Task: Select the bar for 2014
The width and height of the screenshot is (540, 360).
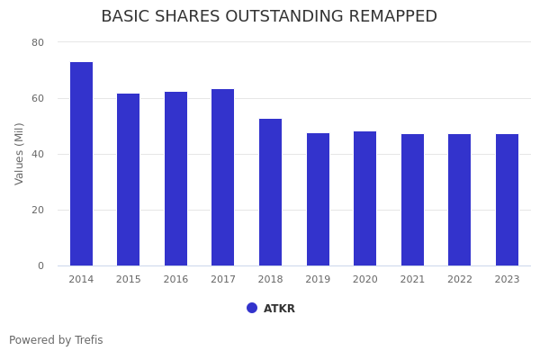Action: point(81,164)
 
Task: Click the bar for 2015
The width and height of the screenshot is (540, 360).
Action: point(129,180)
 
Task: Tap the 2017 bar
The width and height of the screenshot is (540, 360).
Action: point(223,177)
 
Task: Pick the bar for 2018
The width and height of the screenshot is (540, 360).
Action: point(270,193)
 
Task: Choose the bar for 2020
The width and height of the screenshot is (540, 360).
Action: point(364,199)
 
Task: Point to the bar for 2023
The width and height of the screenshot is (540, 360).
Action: point(507,200)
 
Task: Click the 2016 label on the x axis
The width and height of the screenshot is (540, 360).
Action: point(175,280)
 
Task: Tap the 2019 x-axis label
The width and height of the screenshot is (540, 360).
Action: point(318,280)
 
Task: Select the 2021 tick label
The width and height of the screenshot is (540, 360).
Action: point(412,280)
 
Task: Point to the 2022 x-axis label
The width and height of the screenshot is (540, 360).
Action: point(460,280)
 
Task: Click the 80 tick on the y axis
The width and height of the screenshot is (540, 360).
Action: point(38,42)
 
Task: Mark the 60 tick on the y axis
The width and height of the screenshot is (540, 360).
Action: point(38,98)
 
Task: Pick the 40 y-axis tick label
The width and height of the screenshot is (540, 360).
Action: point(38,154)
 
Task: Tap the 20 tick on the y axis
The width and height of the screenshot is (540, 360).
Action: point(38,210)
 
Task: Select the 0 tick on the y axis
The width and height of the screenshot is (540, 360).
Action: point(40,265)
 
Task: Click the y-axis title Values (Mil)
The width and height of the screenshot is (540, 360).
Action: point(20,153)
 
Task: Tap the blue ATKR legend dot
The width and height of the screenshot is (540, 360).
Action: point(252,308)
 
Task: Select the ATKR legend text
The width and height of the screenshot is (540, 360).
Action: point(279,309)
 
